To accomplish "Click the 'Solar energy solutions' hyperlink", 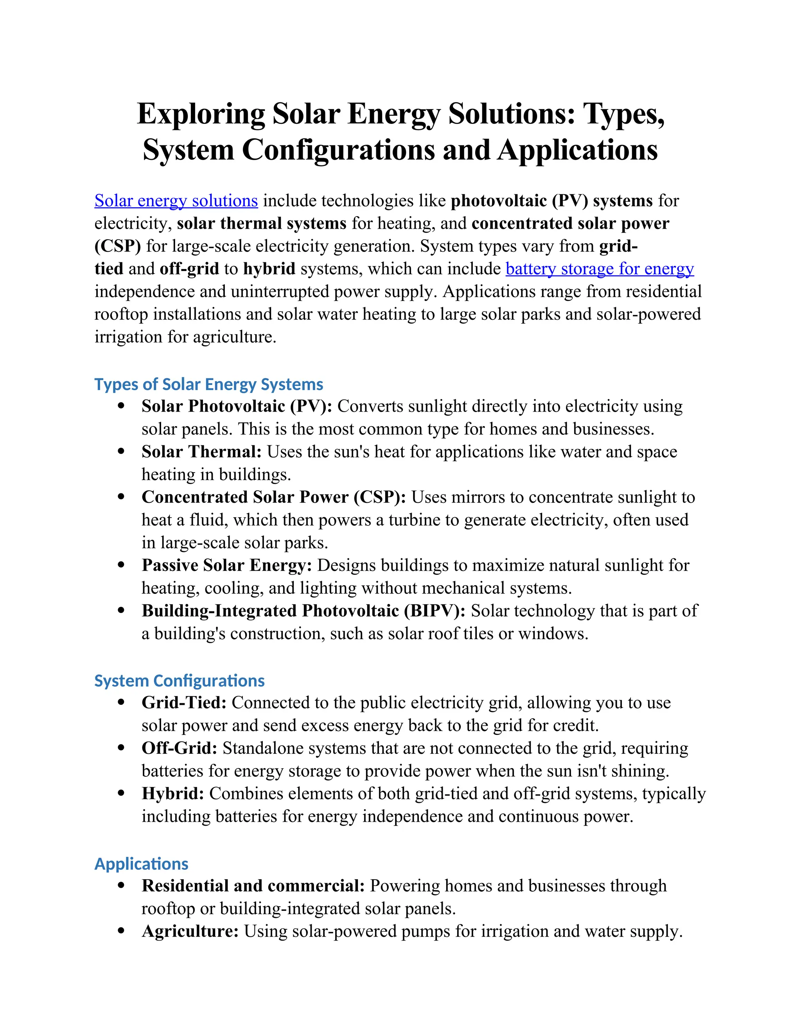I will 176,201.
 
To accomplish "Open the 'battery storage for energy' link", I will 599,269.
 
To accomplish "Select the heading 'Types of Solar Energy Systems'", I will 208,384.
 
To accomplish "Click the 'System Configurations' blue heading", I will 180,681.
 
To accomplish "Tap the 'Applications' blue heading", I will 142,864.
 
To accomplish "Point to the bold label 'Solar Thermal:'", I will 201,452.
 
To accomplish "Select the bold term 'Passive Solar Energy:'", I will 226,565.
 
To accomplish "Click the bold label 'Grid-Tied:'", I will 184,703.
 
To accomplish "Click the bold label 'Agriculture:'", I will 190,931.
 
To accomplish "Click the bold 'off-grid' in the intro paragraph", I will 189,269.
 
